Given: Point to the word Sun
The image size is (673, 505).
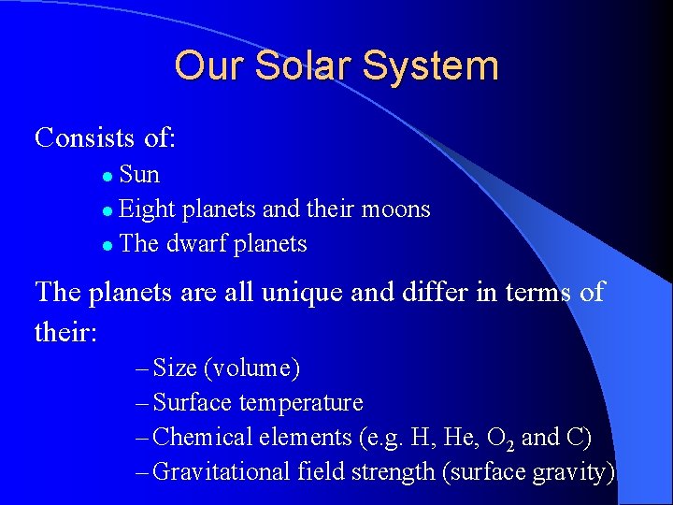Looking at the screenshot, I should (140, 175).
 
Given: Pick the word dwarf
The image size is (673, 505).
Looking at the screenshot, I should (197, 244).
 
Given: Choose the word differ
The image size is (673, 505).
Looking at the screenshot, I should (451, 292).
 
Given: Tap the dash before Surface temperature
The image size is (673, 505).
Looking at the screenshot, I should (141, 403).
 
